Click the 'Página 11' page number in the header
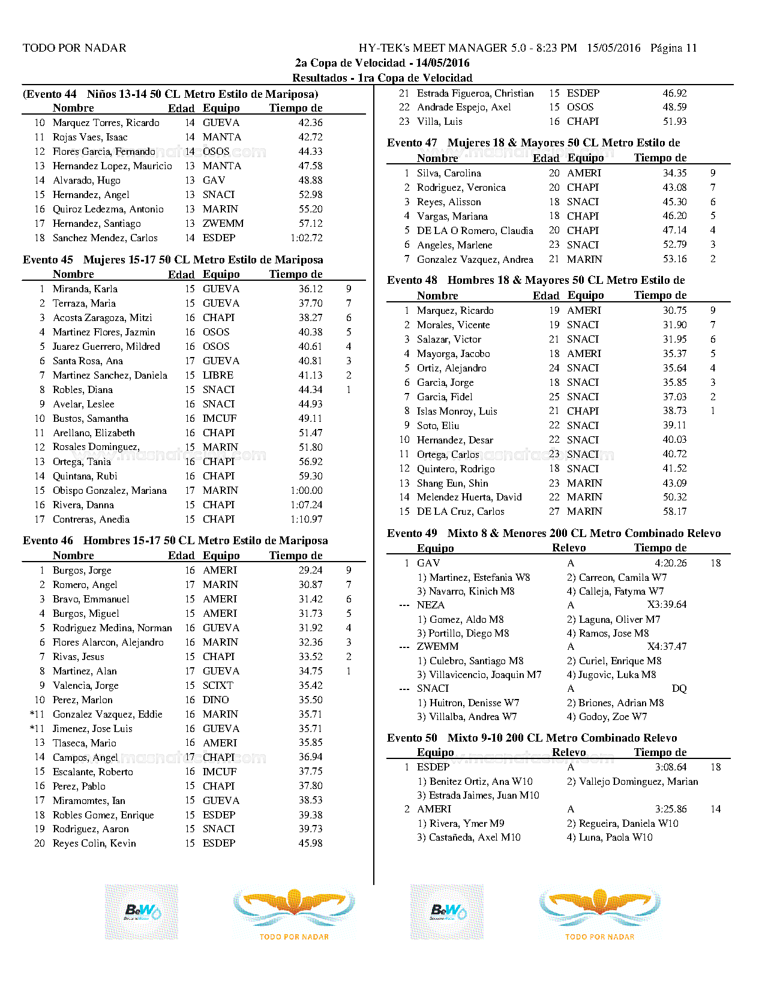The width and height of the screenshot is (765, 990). pyautogui.click(x=673, y=48)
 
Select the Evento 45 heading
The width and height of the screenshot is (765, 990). pyautogui.click(x=173, y=260)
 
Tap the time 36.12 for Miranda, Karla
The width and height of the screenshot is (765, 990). pyautogui.click(x=310, y=289)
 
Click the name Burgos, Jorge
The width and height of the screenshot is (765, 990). pyautogui.click(x=82, y=570)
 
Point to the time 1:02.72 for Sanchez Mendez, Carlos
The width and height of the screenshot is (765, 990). pyautogui.click(x=306, y=238)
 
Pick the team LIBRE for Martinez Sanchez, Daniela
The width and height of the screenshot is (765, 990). pyautogui.click(x=218, y=375)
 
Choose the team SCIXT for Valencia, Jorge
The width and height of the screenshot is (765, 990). pyautogui.click(x=218, y=685)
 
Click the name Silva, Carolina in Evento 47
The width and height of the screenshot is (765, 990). pyautogui.click(x=449, y=173)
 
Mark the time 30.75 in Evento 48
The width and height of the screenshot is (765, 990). pyautogui.click(x=674, y=310)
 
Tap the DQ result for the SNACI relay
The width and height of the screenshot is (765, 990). pyautogui.click(x=679, y=688)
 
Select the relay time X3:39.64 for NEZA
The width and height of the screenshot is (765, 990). pyautogui.click(x=667, y=604)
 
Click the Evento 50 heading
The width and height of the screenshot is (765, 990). pyautogui.click(x=532, y=738)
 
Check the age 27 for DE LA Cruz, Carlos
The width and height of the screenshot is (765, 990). pyautogui.click(x=554, y=511)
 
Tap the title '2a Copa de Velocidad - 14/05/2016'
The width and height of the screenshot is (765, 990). pyautogui.click(x=382, y=63)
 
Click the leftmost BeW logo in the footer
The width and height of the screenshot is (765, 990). pyautogui.click(x=142, y=912)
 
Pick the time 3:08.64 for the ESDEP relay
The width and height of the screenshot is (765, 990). pyautogui.click(x=670, y=767)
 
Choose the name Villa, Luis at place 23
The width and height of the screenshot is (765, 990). pyautogui.click(x=440, y=121)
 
